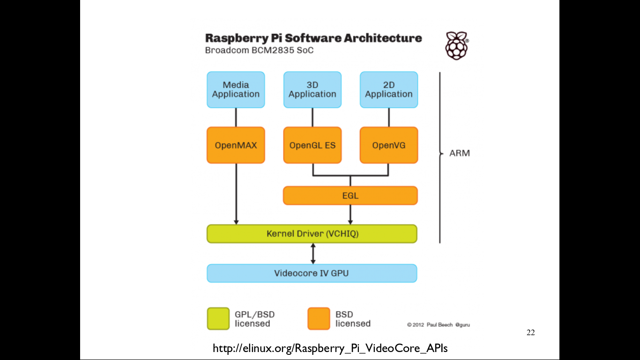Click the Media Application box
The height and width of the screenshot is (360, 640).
[x=236, y=90]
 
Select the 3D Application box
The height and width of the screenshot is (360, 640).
[x=312, y=90]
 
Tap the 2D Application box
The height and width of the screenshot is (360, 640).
[x=388, y=90]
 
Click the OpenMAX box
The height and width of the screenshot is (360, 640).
[x=236, y=145]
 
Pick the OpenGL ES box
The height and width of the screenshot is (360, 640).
[x=312, y=145]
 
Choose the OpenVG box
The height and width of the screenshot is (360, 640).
[x=388, y=145]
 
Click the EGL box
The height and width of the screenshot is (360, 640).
[x=350, y=195]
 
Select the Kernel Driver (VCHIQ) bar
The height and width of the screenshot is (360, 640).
[x=312, y=233]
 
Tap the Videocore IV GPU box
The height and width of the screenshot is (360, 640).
[x=312, y=273]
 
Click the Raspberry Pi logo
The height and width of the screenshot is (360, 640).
[x=456, y=45]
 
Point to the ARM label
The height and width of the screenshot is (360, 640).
[x=459, y=153]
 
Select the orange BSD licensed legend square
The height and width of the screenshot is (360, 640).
[x=319, y=319]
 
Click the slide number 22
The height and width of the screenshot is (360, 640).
[x=530, y=333]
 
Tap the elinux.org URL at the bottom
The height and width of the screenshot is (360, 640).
[x=330, y=348]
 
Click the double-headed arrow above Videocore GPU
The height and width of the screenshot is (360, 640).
[x=313, y=254]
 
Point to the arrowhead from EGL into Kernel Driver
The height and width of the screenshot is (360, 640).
[x=350, y=221]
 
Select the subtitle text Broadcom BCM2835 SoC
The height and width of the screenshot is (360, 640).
[x=259, y=50]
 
